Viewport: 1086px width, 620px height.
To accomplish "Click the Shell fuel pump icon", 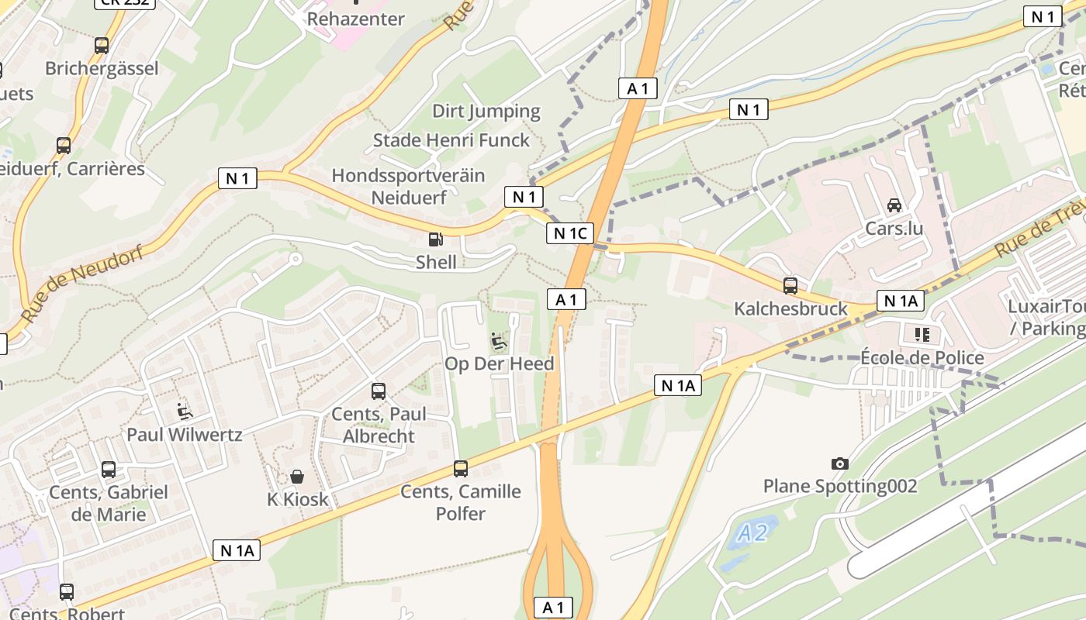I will pos(436,240).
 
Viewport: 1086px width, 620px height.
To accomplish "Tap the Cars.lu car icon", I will pos(894,205).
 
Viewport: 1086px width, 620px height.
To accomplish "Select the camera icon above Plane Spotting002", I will pos(839,463).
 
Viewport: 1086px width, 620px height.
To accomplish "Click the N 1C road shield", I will pos(570,233).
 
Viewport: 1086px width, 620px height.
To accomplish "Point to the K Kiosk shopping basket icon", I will pos(297,476).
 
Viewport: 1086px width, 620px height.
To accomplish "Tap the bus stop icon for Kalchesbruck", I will pos(790,286).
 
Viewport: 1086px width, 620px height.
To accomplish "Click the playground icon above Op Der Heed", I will pos(499,341).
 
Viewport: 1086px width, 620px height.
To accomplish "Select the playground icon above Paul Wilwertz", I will pos(185,411).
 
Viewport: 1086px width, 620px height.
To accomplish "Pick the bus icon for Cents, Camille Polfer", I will pos(461,469).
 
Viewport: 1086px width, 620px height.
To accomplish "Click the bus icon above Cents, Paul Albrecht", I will pos(379,391).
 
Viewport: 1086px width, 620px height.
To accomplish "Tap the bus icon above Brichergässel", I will pos(102,46).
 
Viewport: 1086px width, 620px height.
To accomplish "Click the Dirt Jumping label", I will pos(486,111).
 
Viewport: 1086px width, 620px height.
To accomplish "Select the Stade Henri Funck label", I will pos(451,140).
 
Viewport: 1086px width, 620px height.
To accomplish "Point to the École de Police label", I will pos(922,358).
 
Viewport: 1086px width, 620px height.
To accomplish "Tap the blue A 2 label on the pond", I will pos(752,533).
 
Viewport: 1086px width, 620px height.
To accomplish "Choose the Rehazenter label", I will pos(356,19).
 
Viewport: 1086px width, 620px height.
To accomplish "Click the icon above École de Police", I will pos(922,335).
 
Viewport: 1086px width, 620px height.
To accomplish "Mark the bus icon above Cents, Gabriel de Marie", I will pos(109,470).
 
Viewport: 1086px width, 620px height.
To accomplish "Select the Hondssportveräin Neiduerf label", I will pos(409,186).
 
